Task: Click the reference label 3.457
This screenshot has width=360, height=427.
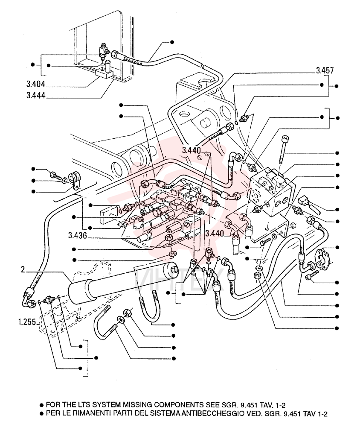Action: coord(325,70)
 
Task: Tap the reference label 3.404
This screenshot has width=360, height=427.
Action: coord(36,84)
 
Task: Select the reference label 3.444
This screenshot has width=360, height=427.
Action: coord(36,96)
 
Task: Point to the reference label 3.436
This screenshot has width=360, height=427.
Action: coord(78,236)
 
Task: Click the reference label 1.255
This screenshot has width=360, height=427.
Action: coord(27,322)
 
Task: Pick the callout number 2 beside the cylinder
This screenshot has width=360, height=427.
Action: coord(23,269)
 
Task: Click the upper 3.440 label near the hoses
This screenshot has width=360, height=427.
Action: coord(192,150)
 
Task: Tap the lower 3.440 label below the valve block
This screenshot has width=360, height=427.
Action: coord(215,234)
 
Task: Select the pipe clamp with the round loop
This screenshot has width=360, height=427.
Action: coord(73,180)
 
